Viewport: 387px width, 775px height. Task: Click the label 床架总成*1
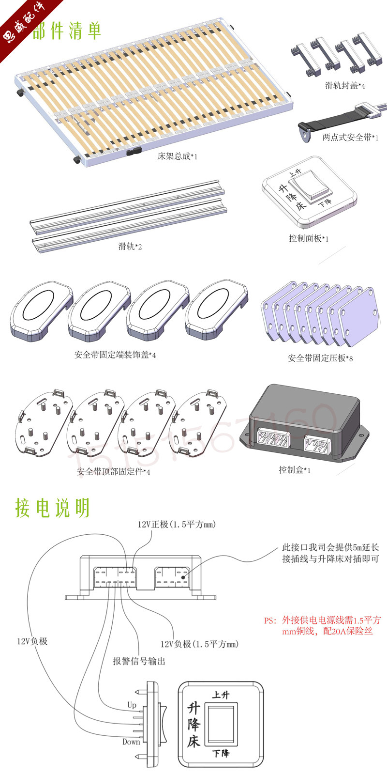(x=178, y=156)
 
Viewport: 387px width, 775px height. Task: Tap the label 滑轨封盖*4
(x=345, y=86)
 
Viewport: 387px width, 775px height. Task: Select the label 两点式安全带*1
(x=350, y=138)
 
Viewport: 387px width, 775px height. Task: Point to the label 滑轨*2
(x=130, y=247)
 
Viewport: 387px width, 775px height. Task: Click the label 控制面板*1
(x=308, y=238)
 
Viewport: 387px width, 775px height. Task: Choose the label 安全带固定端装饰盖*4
(x=115, y=355)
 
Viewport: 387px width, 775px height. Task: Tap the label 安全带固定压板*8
(x=320, y=358)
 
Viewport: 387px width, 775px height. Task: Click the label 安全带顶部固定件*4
(x=114, y=471)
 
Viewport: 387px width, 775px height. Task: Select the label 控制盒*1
(x=295, y=470)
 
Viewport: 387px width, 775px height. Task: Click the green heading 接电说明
(x=52, y=508)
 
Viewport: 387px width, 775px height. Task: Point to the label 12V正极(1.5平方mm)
(x=177, y=525)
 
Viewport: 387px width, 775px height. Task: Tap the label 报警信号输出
(x=139, y=661)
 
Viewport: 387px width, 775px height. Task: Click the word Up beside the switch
(x=132, y=705)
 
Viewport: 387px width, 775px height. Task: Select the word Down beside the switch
(x=131, y=742)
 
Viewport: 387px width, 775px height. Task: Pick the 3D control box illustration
(x=304, y=424)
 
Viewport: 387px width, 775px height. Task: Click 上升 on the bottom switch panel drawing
(x=221, y=695)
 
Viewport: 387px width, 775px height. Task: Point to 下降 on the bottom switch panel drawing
(x=221, y=754)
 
